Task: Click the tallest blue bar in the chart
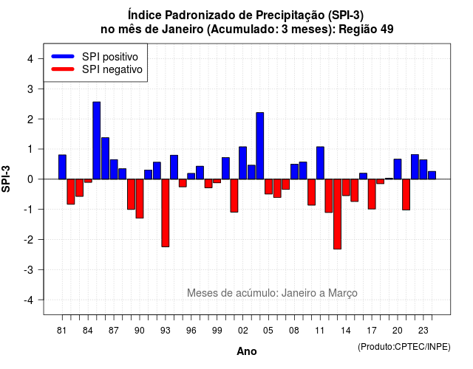tap(97, 140)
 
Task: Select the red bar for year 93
tap(166, 213)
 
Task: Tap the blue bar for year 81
tap(62, 167)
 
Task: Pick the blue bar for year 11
tap(320, 163)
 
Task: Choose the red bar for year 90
tap(140, 199)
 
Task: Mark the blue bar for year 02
tap(243, 163)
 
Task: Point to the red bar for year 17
tap(372, 194)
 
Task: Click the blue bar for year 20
tap(398, 169)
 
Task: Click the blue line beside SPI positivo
tap(63, 56)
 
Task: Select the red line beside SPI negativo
tap(63, 69)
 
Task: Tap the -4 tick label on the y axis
tap(29, 300)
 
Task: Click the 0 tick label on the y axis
tap(30, 179)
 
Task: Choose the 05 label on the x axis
tap(268, 331)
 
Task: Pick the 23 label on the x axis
tap(423, 331)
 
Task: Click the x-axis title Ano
tap(247, 351)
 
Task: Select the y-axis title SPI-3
tap(6, 179)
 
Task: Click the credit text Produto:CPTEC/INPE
tap(404, 347)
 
